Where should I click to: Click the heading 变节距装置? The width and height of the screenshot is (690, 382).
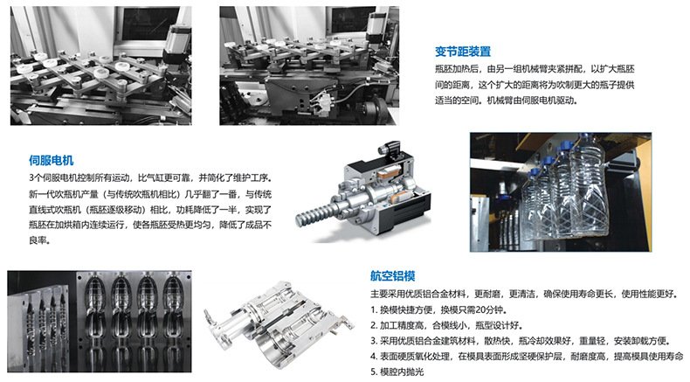pos(463,52)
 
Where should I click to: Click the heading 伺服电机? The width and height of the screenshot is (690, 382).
pos(51,160)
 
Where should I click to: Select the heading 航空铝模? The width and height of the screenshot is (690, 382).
pos(392,276)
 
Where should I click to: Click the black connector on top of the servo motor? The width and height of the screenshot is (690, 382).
pos(389,149)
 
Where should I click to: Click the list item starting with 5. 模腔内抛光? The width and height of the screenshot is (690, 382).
pos(397,372)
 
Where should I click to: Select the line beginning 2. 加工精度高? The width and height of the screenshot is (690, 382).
pos(446,325)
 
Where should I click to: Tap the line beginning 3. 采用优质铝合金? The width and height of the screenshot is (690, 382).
pos(521,341)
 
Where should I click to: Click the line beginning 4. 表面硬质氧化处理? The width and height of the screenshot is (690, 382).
pos(527,356)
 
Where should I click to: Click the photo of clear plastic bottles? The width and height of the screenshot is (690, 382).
pos(561,192)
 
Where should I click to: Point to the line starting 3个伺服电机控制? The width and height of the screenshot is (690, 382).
pos(150,178)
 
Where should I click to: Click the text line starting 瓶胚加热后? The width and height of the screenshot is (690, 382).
pos(535,69)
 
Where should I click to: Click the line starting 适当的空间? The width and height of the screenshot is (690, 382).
pos(506,101)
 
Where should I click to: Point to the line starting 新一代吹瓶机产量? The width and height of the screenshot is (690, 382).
pos(150,194)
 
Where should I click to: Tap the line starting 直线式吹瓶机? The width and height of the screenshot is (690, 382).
pos(150,209)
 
